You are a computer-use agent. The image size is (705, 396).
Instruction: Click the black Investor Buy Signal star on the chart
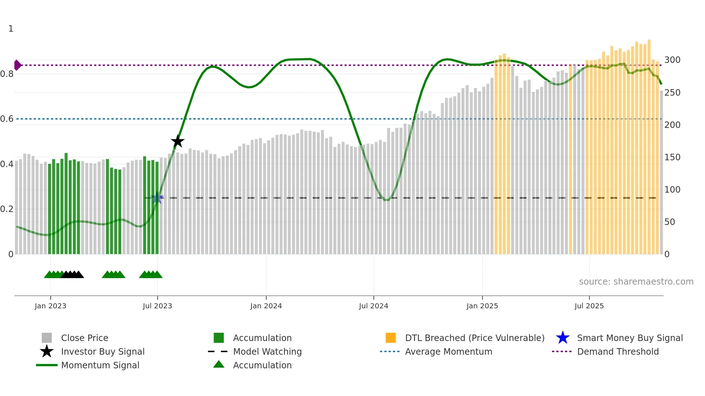[x=177, y=141]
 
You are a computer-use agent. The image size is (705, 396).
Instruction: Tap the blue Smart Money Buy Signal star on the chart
[x=157, y=198]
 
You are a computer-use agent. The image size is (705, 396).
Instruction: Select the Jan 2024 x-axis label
[x=266, y=306]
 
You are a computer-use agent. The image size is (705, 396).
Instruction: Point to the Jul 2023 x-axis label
[x=157, y=306]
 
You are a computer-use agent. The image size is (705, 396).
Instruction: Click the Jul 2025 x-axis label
[x=589, y=306]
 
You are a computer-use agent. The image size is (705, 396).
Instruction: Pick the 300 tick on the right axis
[x=672, y=60]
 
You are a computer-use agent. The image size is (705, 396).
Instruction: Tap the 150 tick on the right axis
[x=672, y=157]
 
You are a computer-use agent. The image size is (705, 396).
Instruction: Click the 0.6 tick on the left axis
[x=7, y=119]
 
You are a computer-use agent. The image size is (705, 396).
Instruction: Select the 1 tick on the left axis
[x=11, y=29]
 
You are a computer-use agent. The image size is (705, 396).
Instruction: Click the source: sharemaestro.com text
[x=636, y=282]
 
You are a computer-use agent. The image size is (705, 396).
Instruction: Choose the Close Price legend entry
[x=85, y=338]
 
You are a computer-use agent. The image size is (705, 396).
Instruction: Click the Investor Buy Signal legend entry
[x=103, y=351]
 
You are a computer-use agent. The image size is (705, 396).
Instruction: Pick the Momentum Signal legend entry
[x=100, y=365]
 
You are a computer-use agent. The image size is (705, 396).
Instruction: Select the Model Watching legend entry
[x=267, y=351]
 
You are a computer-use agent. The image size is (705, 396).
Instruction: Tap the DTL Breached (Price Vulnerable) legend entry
[x=474, y=338]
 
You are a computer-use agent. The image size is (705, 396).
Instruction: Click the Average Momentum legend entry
[x=449, y=351]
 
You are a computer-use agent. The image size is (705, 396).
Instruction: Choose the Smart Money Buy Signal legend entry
[x=630, y=338]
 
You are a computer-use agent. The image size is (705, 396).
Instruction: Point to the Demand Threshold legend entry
[x=618, y=351]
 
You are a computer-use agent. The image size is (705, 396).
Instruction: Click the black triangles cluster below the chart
[x=73, y=275]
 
